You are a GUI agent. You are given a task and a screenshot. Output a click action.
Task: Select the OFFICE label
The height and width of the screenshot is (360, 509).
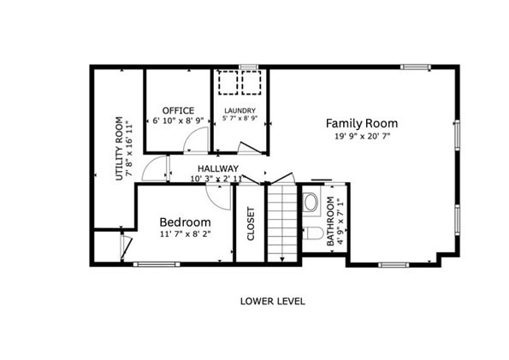point(178,110)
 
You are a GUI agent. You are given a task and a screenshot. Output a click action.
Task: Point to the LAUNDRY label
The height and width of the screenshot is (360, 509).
point(240,110)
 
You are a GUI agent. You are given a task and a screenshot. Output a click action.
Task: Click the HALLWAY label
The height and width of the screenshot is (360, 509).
point(217,168)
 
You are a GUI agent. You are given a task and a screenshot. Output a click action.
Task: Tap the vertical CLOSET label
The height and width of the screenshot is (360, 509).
point(251,225)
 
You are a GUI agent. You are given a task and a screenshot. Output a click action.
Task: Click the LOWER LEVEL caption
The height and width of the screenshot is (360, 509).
point(272,301)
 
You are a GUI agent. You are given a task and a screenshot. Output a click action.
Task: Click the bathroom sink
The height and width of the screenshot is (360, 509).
point(311,204)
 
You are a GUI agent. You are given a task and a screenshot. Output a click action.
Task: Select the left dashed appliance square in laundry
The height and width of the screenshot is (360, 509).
point(228,83)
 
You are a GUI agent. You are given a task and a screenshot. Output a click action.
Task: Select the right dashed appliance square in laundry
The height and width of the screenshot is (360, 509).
point(251,83)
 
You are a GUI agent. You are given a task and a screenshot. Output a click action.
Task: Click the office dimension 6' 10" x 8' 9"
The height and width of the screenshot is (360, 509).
point(178,122)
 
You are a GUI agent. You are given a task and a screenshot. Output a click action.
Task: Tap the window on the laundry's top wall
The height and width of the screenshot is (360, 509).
point(248,66)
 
